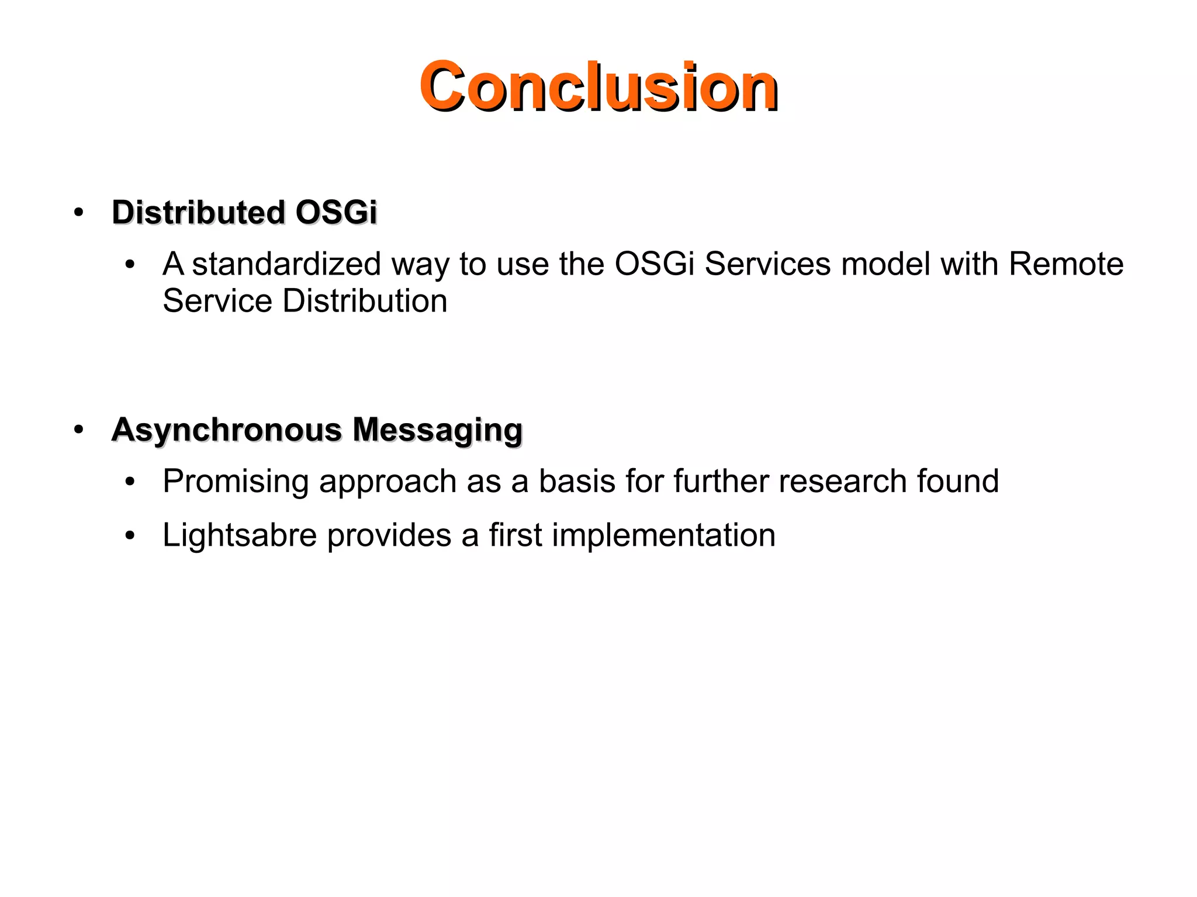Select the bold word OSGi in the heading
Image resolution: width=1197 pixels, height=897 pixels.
coord(336,212)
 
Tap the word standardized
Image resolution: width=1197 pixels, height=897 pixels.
coord(286,264)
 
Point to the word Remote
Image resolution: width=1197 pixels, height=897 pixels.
coord(1065,264)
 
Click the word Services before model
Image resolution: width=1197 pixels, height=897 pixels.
coord(767,264)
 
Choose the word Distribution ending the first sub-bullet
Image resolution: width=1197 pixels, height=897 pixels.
coord(365,301)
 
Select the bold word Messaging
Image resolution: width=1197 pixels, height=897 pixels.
coord(437,430)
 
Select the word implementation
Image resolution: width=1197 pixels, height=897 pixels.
coord(663,535)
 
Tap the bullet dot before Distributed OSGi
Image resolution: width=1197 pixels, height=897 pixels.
coord(79,213)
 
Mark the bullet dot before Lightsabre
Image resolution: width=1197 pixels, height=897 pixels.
coord(130,536)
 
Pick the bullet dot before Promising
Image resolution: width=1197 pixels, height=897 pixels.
coord(130,483)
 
